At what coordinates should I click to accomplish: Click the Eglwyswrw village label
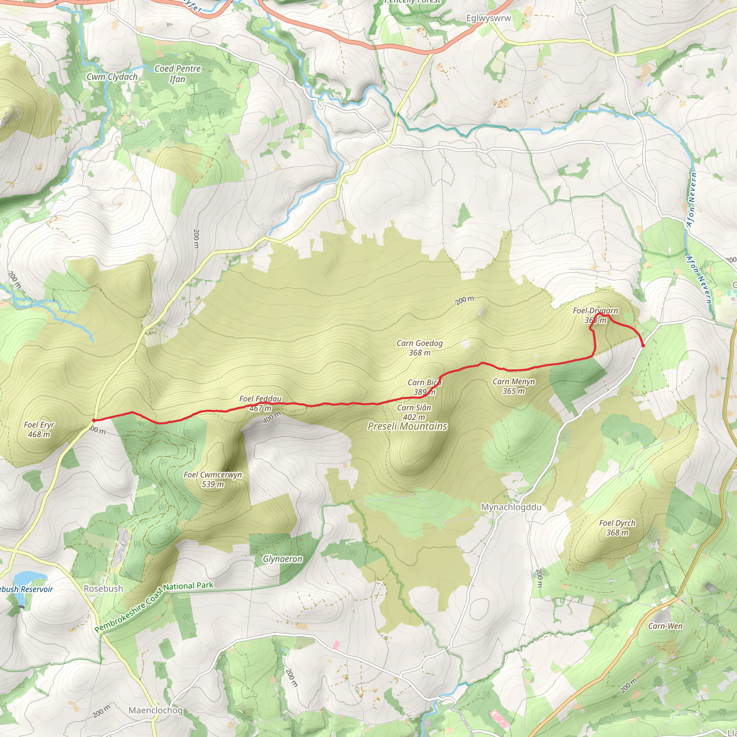point(488,18)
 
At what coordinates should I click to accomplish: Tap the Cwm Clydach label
point(112,77)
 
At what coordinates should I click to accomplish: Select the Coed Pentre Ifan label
point(177,74)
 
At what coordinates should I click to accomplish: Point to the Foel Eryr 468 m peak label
point(39,430)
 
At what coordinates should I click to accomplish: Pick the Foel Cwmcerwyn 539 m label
point(213,479)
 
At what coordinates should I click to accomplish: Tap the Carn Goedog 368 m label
point(420,348)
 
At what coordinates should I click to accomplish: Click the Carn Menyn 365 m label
point(514,386)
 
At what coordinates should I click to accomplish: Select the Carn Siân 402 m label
point(414,412)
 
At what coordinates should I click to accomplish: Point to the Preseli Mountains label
point(407,426)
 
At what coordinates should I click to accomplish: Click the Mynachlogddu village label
point(511,507)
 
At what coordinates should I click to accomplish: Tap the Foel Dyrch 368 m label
point(617,528)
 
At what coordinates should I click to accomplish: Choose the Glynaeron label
point(282,559)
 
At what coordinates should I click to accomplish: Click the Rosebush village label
point(103,589)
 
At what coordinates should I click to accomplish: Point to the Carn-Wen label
point(665,626)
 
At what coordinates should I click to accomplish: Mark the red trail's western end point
point(94,420)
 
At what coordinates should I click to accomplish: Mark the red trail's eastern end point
point(643,345)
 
